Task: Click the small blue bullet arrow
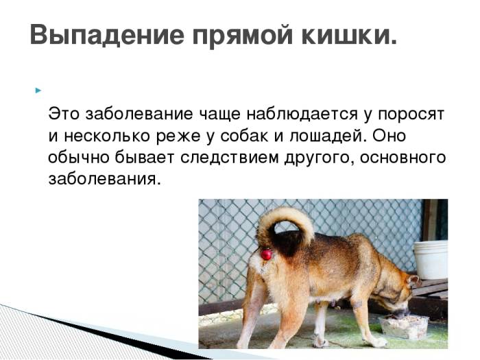(38, 90)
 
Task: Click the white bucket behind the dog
(431, 259)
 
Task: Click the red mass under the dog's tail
(266, 254)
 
